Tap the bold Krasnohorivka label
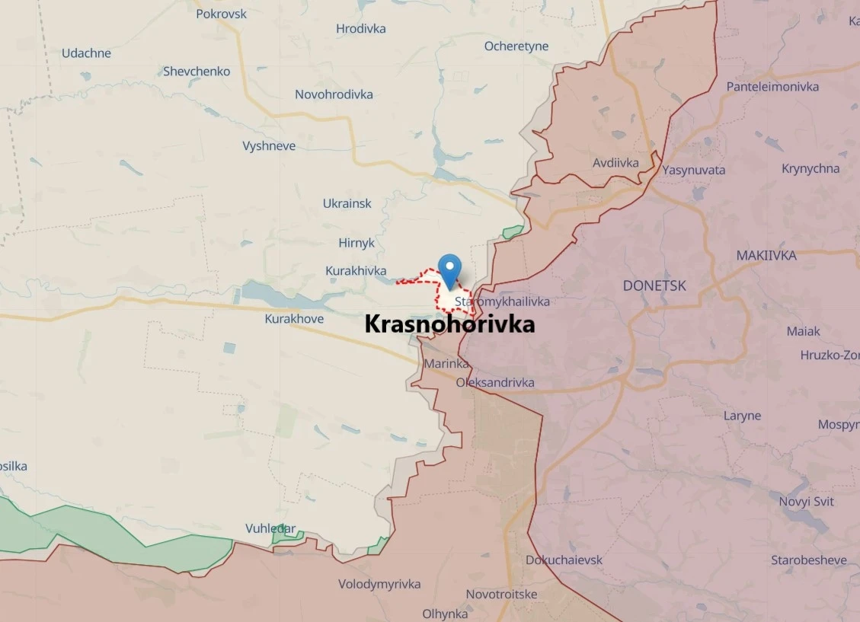(x=449, y=325)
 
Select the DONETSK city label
(x=654, y=286)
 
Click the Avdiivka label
(x=615, y=162)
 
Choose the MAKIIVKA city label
(x=766, y=256)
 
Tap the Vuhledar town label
(x=270, y=528)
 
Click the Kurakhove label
(x=294, y=319)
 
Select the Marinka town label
(x=446, y=364)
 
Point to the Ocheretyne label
(x=516, y=46)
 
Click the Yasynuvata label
(x=693, y=170)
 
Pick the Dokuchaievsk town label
(x=564, y=560)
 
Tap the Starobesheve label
(x=808, y=560)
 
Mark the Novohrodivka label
(x=334, y=94)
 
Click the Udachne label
(x=86, y=53)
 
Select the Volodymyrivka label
(x=379, y=585)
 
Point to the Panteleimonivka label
(x=772, y=87)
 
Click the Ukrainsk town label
(x=347, y=204)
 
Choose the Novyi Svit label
(x=806, y=502)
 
